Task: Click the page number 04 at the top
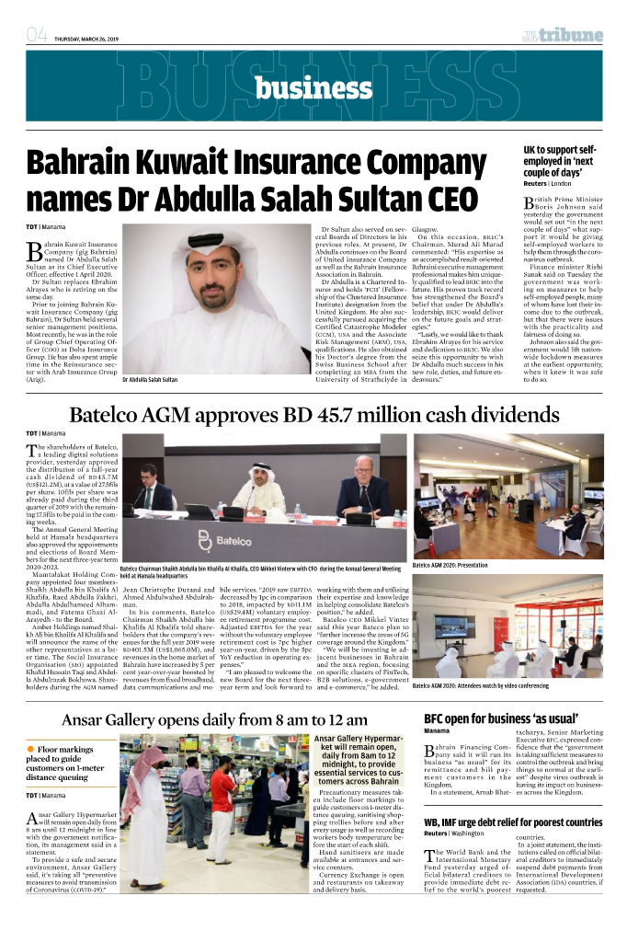pos(37,37)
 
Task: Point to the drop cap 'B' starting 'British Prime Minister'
pos(530,203)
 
